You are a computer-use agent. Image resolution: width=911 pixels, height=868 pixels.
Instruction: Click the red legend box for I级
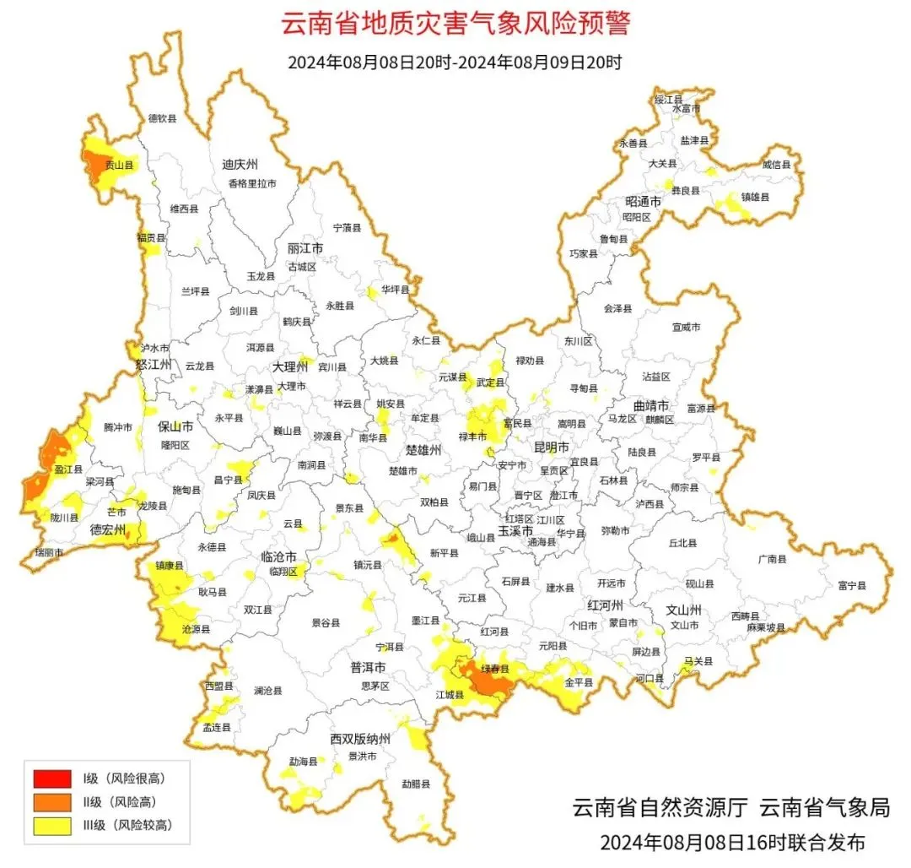(51, 778)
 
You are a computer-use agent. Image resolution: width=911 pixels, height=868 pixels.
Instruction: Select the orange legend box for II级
(51, 801)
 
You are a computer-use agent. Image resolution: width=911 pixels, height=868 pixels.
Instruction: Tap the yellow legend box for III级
(51, 825)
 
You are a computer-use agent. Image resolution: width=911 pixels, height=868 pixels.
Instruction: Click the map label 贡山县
(119, 166)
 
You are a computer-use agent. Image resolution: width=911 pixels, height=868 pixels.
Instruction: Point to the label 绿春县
(495, 669)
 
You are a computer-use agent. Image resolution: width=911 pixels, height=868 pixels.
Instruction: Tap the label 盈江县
(68, 469)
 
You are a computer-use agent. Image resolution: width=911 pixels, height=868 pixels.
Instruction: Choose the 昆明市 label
(552, 447)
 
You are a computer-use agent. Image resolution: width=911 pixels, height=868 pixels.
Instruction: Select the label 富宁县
(852, 585)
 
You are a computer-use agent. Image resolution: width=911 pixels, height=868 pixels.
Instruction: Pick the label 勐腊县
(416, 784)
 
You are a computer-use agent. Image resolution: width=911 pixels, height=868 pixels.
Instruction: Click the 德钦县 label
(163, 119)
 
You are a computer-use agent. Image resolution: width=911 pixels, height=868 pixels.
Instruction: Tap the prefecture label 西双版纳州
(360, 740)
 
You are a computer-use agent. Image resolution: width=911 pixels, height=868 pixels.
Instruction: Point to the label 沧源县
(196, 630)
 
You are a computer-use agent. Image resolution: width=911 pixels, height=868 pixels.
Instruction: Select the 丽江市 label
(305, 249)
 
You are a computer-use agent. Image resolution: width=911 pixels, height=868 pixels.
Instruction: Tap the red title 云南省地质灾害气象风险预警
(455, 23)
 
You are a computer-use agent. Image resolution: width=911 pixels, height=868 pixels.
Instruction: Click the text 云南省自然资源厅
(660, 807)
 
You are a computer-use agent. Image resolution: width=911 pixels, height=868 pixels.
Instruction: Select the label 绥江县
(669, 100)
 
